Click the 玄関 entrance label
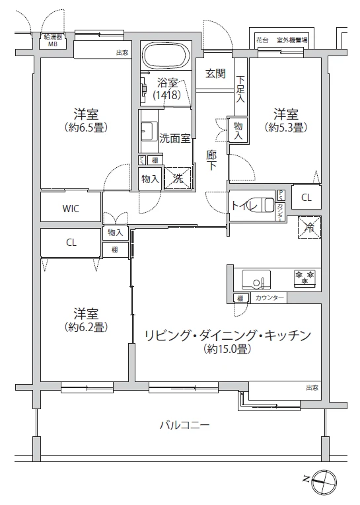pos(215,73)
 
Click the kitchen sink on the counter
pos(255,279)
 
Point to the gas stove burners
pos(305,278)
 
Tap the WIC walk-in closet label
pos(71,208)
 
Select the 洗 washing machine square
pos(178,178)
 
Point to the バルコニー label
pos(184,425)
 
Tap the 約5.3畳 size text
pos(285,127)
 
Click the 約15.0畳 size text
pos(227,349)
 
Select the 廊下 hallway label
pos(212,160)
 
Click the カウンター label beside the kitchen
pos(270,299)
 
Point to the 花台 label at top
pos(262,41)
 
